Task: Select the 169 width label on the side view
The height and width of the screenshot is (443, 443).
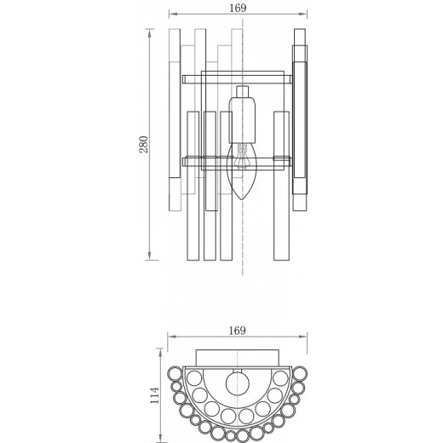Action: coord(239,8)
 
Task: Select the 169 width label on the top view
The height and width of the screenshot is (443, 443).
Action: coord(239,330)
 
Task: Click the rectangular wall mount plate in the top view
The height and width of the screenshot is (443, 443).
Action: coord(239,358)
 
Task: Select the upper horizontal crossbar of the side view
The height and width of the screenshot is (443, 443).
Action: coord(239,79)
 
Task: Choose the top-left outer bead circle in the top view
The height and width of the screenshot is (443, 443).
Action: coord(175,371)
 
